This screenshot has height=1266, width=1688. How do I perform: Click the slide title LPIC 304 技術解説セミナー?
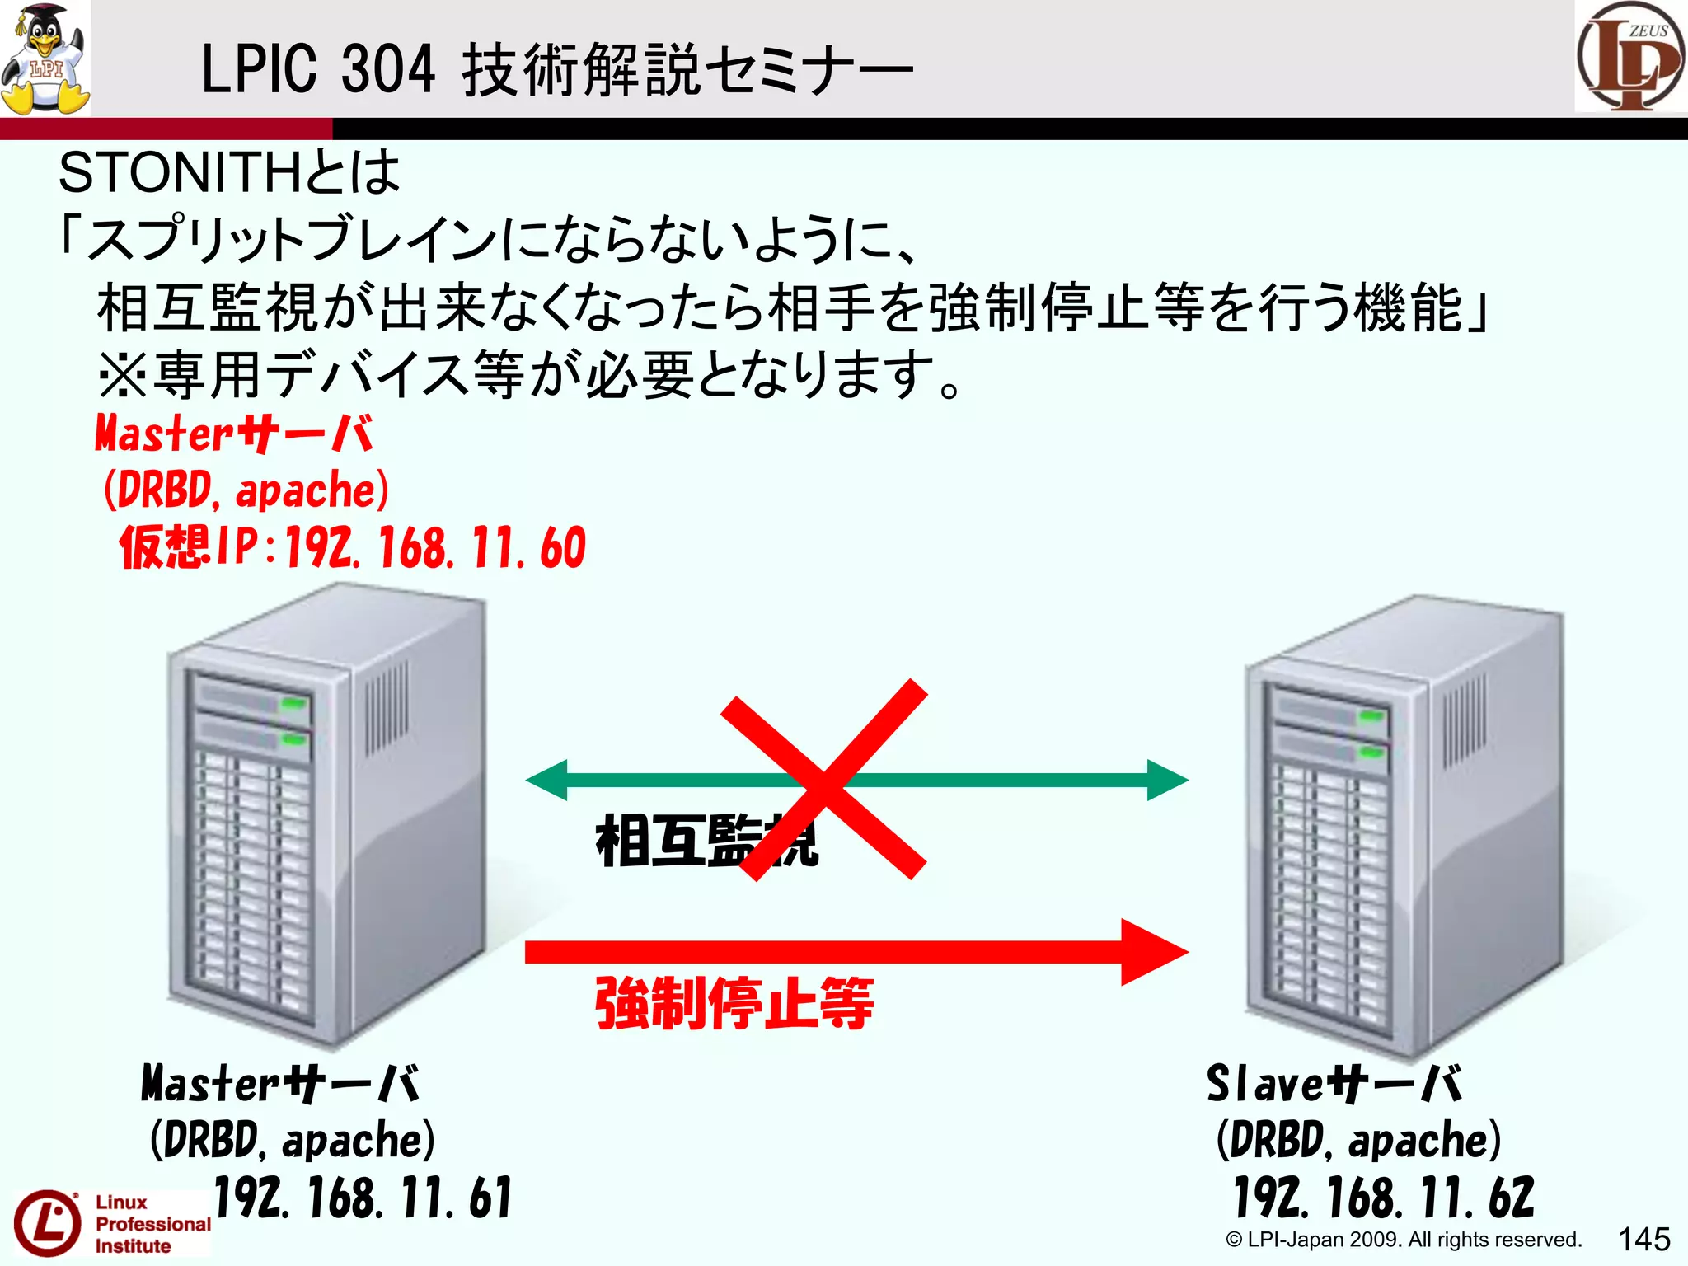click(556, 70)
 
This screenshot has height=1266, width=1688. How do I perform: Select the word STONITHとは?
click(229, 173)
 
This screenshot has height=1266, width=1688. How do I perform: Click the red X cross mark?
click(824, 779)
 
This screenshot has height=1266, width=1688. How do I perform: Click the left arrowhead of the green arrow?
click(546, 780)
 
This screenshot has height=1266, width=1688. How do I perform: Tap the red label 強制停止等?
click(734, 1003)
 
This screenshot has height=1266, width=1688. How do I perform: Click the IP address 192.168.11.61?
click(363, 1198)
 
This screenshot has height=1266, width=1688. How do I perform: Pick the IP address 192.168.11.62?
click(1384, 1198)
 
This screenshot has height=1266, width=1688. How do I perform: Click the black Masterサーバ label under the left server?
click(280, 1083)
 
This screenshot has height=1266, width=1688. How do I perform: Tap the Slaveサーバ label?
click(1334, 1083)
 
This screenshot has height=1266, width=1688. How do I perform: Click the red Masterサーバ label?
click(234, 434)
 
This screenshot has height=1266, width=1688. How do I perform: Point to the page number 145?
click(1643, 1239)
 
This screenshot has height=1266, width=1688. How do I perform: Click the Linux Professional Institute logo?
click(111, 1224)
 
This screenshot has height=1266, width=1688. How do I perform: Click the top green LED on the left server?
click(293, 703)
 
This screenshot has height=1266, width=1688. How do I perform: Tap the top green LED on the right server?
click(1371, 715)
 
